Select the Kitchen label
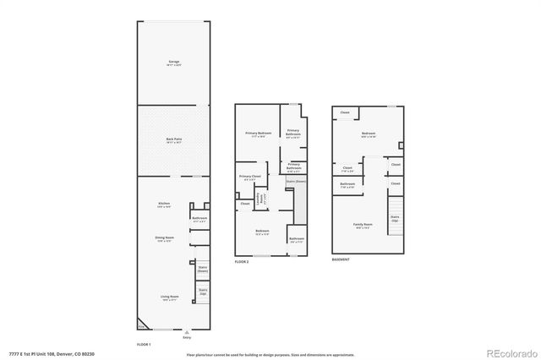coord(165,205)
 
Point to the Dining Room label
coord(165,239)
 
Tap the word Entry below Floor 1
coord(175,337)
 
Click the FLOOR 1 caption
coord(144,345)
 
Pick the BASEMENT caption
coord(341,259)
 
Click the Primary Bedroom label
coord(259,134)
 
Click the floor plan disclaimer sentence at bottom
coord(270,353)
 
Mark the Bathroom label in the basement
coord(347,185)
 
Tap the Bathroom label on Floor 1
coord(199,219)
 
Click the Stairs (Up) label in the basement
coord(395,218)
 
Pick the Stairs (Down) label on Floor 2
coord(296,181)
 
